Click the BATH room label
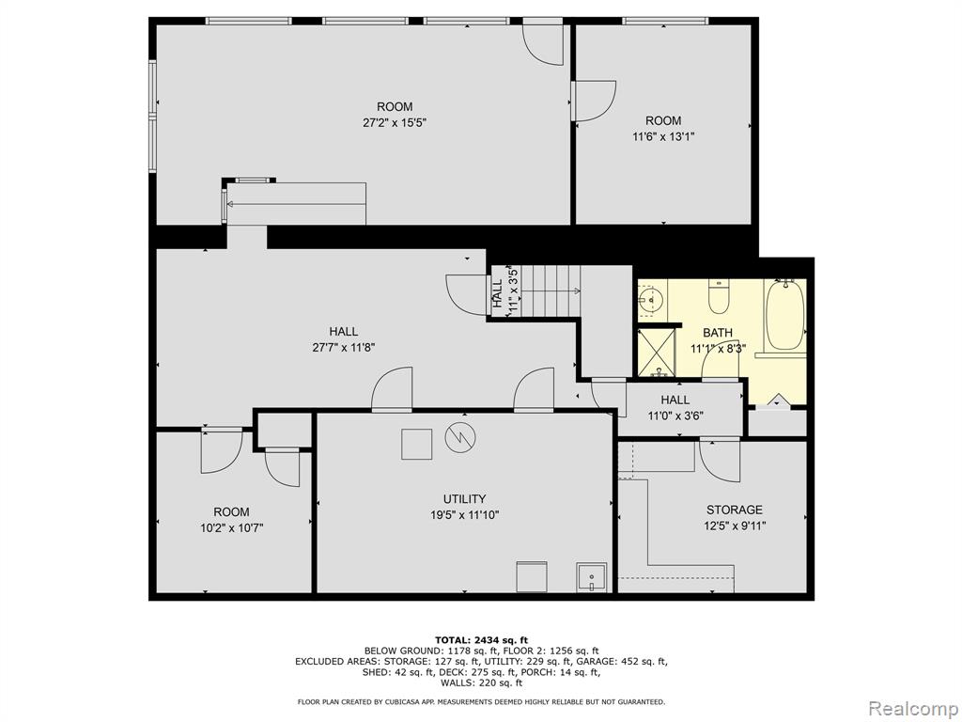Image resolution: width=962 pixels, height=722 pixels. click(717, 333)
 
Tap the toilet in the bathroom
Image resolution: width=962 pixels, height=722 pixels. click(717, 296)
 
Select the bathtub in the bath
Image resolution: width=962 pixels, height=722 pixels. click(784, 315)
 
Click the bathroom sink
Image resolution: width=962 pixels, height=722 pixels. click(650, 300)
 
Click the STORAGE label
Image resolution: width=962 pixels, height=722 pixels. click(735, 510)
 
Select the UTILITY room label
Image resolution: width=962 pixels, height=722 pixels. click(464, 498)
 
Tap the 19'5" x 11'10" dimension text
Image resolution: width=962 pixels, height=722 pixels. click(464, 515)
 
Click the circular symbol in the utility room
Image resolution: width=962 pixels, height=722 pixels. click(460, 438)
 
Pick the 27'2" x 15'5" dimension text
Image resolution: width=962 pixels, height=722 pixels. click(395, 122)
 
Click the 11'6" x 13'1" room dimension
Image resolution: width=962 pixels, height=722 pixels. click(663, 137)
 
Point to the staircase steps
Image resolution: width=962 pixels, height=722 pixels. click(545, 291)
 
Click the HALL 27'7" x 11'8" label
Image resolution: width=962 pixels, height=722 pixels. click(344, 339)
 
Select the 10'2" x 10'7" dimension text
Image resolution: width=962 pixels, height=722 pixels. click(231, 528)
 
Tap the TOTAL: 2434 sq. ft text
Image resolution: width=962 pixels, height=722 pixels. click(481, 639)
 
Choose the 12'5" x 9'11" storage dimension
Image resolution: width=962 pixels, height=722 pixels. click(735, 526)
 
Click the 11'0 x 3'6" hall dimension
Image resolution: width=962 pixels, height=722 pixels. click(675, 416)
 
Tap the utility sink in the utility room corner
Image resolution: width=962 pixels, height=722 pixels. click(591, 578)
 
